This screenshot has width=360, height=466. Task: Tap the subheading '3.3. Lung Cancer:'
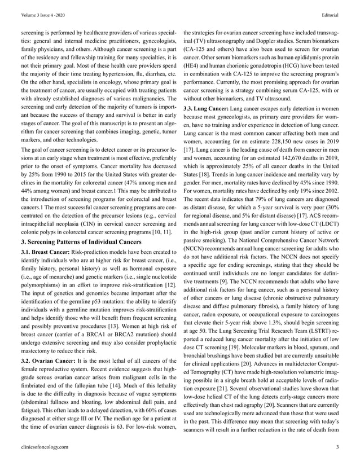[207, 107]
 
